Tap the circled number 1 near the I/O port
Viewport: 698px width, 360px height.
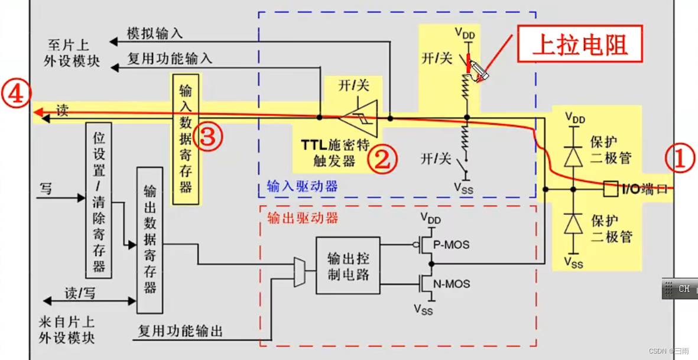tap(680, 159)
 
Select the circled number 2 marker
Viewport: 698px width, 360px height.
tap(383, 159)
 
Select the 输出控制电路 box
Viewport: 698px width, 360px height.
tap(348, 265)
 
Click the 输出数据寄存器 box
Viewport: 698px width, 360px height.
tap(150, 239)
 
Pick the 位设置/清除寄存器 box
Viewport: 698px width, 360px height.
tap(99, 200)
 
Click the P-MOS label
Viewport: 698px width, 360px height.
tap(452, 244)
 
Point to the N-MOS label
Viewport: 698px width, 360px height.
tap(452, 284)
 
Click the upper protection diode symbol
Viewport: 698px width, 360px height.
tap(573, 155)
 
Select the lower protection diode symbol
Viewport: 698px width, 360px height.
tap(573, 225)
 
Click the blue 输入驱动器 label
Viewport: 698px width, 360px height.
tap(302, 186)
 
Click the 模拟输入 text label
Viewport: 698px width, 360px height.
tap(155, 33)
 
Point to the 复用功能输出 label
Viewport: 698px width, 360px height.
tap(180, 330)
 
